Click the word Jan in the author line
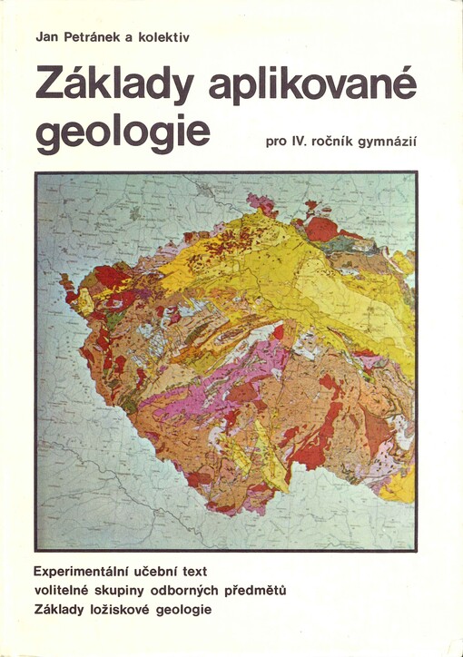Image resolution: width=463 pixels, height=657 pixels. coord(46,36)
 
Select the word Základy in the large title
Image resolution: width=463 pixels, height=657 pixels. coord(113,86)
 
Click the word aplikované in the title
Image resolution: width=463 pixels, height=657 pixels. coord(311,86)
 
